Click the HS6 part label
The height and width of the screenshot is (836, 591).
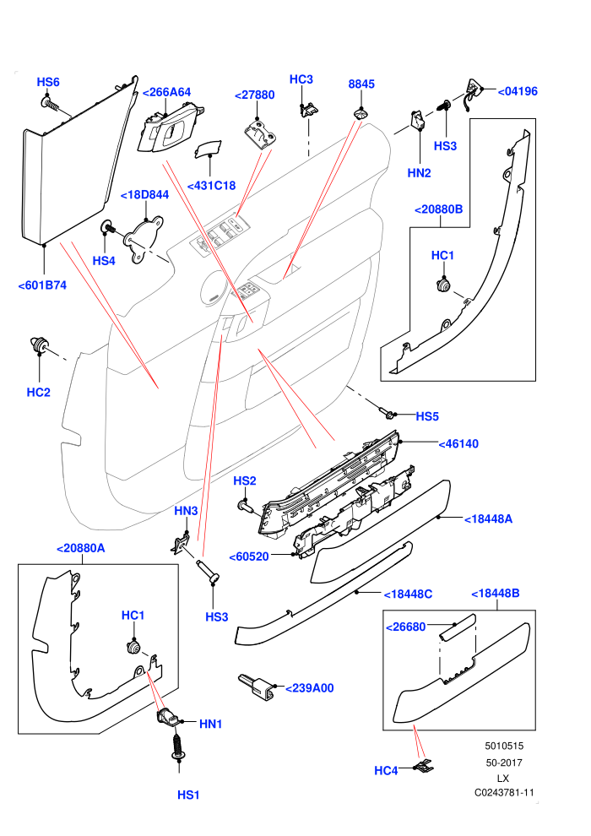tap(48, 82)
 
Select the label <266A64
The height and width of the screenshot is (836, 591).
tap(167, 92)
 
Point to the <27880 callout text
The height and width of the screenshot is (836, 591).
tap(255, 95)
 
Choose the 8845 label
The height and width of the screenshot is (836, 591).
tap(361, 84)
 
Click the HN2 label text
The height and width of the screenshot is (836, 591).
tap(419, 173)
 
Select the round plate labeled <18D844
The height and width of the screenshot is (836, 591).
tap(144, 239)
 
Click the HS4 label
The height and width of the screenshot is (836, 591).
tap(104, 261)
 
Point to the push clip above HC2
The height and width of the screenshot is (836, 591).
tap(38, 344)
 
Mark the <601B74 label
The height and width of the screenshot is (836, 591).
tap(42, 285)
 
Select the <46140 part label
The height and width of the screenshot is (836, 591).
tap(458, 443)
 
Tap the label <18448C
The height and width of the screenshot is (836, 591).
tap(408, 594)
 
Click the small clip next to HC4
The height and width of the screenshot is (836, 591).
tap(425, 767)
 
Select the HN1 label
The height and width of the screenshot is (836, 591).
tap(210, 724)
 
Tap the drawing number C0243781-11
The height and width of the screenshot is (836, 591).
tap(504, 793)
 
